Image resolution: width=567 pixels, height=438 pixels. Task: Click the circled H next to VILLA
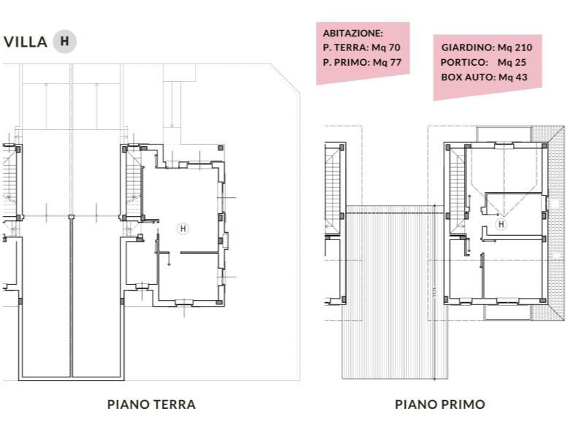pos(64,42)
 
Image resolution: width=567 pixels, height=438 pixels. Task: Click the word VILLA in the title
pos(26,42)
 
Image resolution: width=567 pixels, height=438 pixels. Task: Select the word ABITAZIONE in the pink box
pos(352,34)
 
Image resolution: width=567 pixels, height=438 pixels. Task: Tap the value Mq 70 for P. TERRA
pos(386,47)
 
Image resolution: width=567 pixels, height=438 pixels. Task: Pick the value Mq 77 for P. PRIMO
pos(387,62)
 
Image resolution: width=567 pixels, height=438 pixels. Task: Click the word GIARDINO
pos(468,47)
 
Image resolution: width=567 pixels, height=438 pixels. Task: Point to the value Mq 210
pos(514,47)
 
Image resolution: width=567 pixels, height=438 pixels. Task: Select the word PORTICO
pos(464,62)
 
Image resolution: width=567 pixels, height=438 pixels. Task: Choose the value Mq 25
pos(512,62)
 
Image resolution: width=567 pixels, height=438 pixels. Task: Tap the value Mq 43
pos(513,77)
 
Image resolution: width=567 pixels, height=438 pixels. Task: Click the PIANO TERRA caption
pos(152,404)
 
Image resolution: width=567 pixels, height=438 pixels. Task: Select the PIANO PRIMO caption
pos(440,404)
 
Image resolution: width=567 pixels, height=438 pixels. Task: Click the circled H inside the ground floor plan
pos(182,228)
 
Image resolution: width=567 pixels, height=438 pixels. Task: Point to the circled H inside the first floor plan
pos(501,224)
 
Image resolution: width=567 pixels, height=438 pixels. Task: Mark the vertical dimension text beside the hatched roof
pos(434,292)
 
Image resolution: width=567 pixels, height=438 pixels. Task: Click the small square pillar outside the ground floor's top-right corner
pos(220,147)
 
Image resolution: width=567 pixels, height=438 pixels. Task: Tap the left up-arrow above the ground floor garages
pos(46,106)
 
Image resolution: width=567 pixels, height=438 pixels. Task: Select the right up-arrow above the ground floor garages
pos(96,106)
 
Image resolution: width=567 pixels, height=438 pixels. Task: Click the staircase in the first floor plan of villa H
pos(457,192)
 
